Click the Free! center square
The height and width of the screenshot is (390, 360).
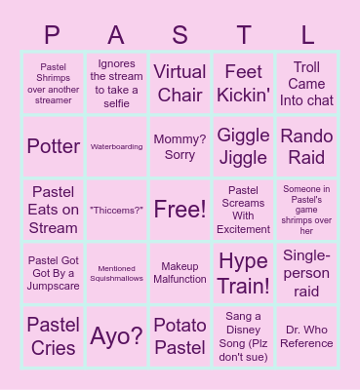pyautogui.click(x=180, y=210)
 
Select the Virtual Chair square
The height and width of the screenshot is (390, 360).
pyautogui.click(x=180, y=84)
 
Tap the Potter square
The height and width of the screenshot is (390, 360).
pyautogui.click(x=54, y=146)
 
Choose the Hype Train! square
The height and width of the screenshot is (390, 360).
pyautogui.click(x=243, y=273)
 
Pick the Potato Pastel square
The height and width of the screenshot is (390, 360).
pyautogui.click(x=180, y=335)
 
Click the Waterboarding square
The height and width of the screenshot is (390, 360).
pyautogui.click(x=117, y=146)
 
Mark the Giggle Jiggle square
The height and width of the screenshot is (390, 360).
pyautogui.click(x=243, y=146)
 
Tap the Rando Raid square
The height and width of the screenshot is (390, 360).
pyautogui.click(x=306, y=146)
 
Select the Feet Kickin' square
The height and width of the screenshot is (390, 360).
pyautogui.click(x=243, y=84)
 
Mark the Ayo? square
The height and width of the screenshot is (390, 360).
pyautogui.click(x=117, y=335)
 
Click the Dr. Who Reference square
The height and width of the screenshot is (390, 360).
pyautogui.click(x=306, y=335)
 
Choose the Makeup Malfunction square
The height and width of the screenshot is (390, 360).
pyautogui.click(x=180, y=273)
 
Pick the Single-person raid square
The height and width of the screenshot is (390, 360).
pyautogui.click(x=306, y=273)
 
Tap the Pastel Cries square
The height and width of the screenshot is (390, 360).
pyautogui.click(x=54, y=335)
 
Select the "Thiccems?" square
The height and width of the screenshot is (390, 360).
pyautogui.click(x=117, y=210)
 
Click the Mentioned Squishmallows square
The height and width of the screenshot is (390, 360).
pyautogui.click(x=117, y=273)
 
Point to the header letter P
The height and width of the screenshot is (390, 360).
pyautogui.click(x=53, y=35)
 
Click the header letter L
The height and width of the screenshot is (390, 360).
pyautogui.click(x=307, y=35)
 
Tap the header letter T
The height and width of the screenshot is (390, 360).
pyautogui.click(x=244, y=35)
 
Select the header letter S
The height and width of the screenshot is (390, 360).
pyautogui.click(x=180, y=35)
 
